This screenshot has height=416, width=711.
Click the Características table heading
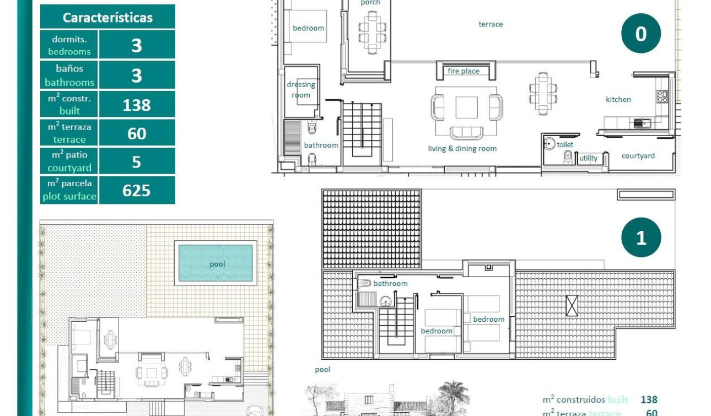(x=107, y=17)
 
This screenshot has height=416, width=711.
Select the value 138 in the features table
(x=137, y=105)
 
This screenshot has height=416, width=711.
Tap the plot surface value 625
(x=137, y=190)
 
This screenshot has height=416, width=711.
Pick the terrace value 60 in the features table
(x=137, y=133)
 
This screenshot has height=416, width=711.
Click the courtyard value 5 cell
(x=137, y=162)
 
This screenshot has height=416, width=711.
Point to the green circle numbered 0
(x=641, y=34)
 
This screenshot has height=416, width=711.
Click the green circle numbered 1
(x=641, y=237)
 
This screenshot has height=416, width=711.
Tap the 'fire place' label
(x=463, y=71)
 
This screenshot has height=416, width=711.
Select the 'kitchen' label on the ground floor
(x=618, y=99)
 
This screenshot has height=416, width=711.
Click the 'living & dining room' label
(x=462, y=148)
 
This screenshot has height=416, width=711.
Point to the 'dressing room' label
(x=301, y=90)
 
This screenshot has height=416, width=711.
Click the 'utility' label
(x=588, y=158)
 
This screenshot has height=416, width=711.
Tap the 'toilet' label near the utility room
(x=565, y=144)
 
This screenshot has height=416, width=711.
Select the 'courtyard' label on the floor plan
(x=638, y=156)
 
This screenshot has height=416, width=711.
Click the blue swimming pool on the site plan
(x=216, y=263)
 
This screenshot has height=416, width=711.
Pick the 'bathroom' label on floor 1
(x=390, y=283)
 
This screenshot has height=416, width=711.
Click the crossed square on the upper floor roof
(x=572, y=305)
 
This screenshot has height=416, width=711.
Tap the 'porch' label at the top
(x=370, y=3)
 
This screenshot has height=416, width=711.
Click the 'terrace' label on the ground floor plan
(x=491, y=24)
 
